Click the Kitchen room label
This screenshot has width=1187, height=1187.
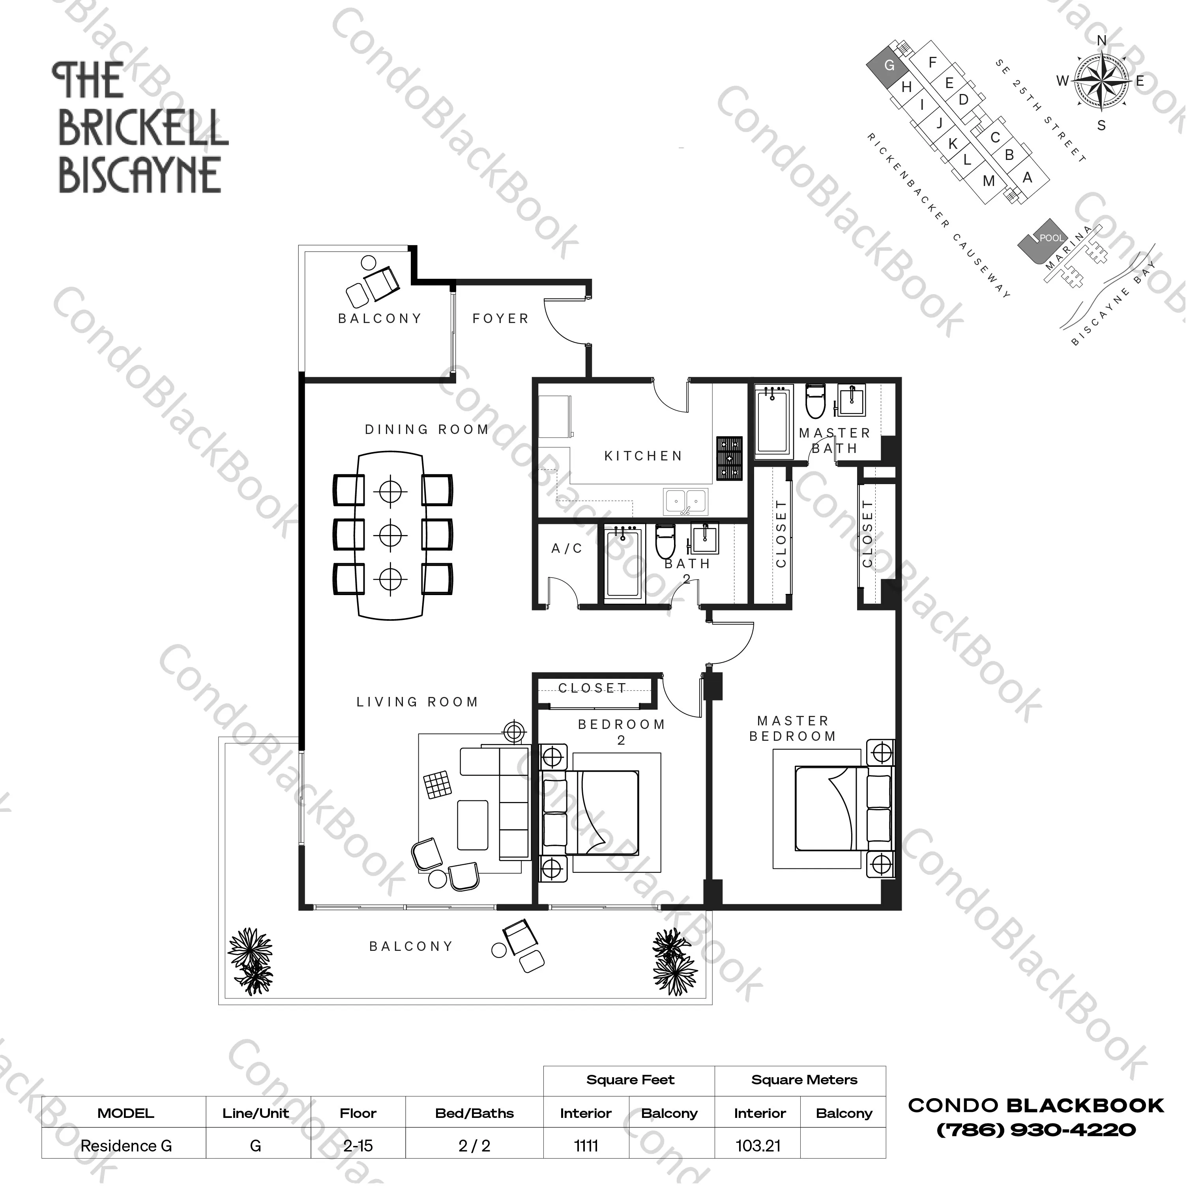click(x=643, y=456)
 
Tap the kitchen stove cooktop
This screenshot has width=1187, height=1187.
click(x=729, y=458)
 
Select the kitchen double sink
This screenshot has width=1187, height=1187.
click(x=686, y=501)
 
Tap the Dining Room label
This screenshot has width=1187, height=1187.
click(x=427, y=430)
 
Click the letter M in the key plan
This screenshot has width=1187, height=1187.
click(x=989, y=181)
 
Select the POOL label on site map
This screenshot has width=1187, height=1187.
click(x=1051, y=238)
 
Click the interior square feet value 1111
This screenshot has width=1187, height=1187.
click(x=586, y=1146)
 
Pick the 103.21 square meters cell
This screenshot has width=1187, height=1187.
click(x=758, y=1146)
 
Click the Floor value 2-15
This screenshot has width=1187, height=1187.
click(x=358, y=1146)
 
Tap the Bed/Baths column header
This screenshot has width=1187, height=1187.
click(x=474, y=1113)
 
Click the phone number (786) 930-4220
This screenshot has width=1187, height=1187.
click(x=1036, y=1130)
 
